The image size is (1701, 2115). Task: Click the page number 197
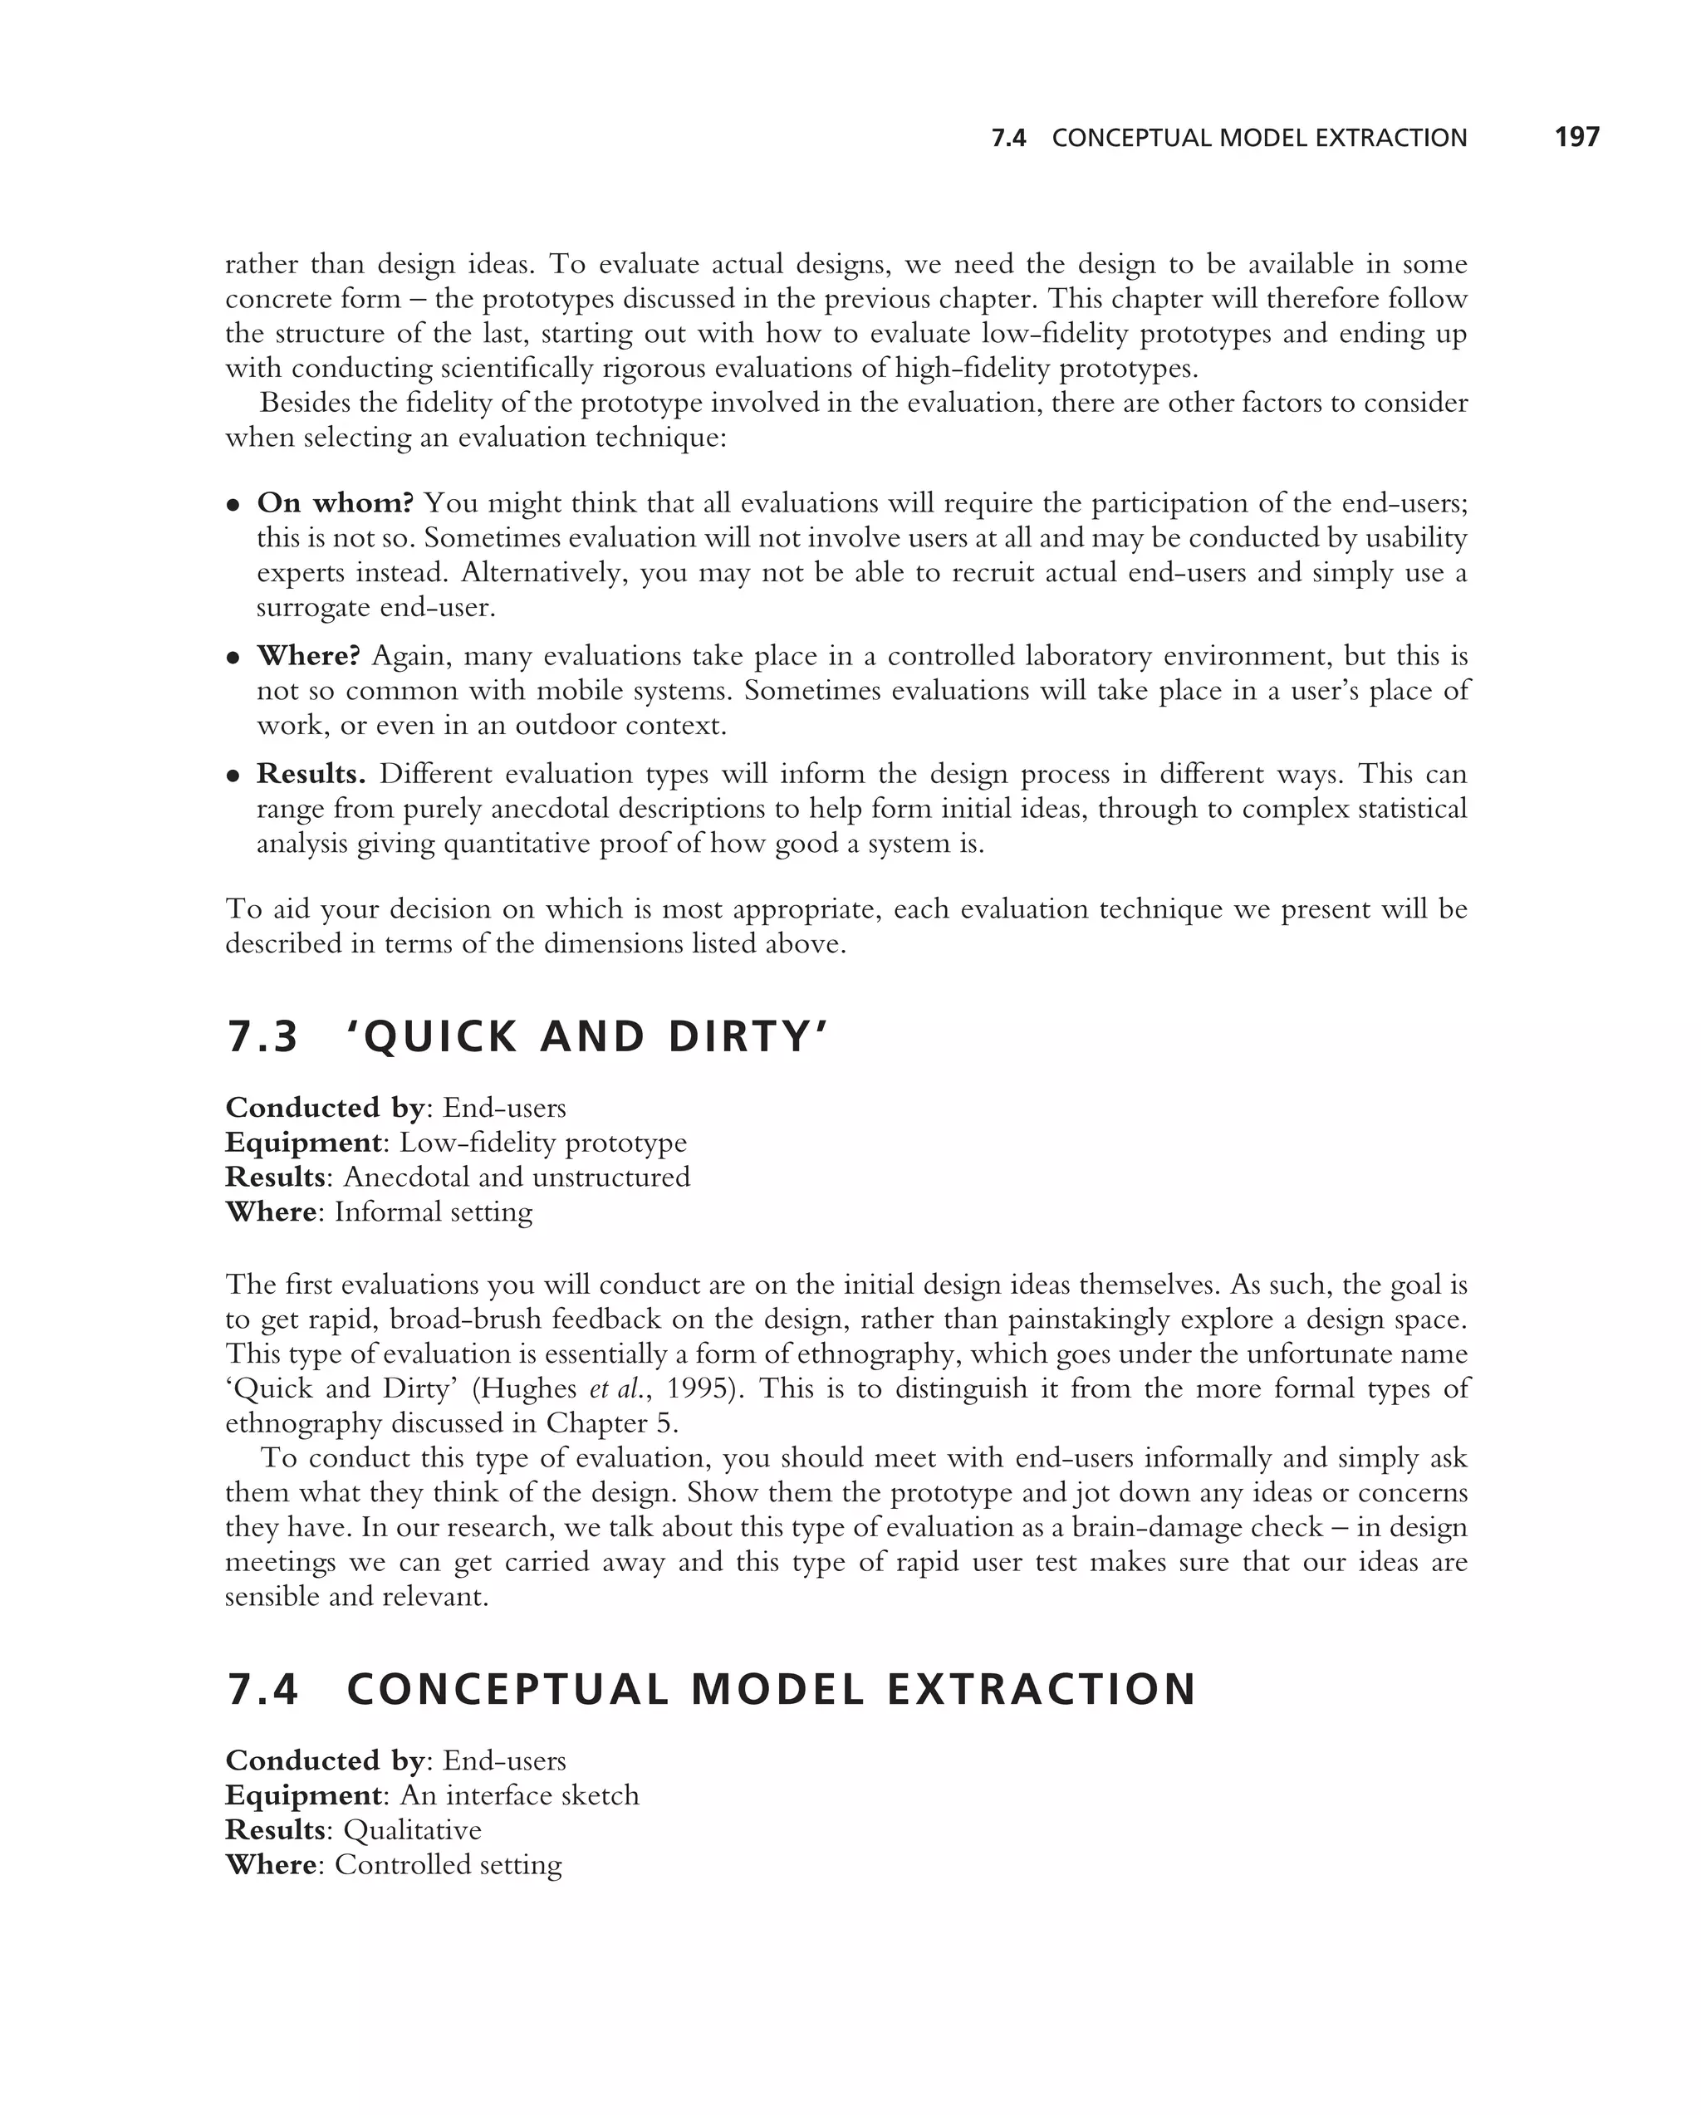point(1576,137)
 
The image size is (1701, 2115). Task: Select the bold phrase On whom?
point(335,503)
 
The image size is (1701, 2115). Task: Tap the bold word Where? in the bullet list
point(308,655)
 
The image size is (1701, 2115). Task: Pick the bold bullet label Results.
point(311,774)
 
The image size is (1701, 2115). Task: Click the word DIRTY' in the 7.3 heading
point(748,1038)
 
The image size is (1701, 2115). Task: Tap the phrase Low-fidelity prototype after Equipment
point(542,1143)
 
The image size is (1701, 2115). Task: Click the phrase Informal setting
point(433,1212)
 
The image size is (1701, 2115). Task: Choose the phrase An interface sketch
point(519,1795)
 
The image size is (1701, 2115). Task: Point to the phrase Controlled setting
point(448,1865)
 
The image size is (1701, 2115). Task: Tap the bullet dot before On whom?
point(233,505)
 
